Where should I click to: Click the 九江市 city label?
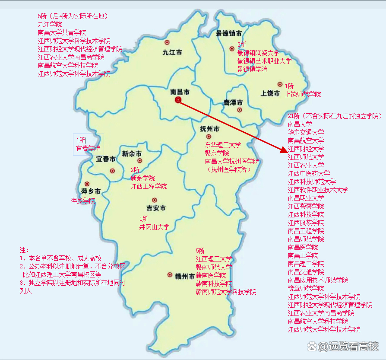tap(172, 52)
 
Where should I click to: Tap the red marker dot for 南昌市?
tap(178, 100)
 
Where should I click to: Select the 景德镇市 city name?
tap(229, 33)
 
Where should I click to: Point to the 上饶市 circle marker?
tap(280, 85)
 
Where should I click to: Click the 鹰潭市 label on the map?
tap(233, 102)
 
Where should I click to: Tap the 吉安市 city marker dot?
tap(154, 200)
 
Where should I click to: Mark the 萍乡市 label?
tap(91, 191)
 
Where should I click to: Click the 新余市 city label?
tap(132, 153)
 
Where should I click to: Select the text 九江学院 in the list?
tap(50, 24)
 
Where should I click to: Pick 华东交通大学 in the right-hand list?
tap(306, 132)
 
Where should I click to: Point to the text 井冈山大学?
tap(154, 227)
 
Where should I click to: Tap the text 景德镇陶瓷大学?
tap(258, 53)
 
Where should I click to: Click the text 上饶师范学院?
tap(303, 94)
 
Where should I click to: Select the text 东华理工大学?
tap(223, 145)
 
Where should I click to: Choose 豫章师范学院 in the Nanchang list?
tap(306, 288)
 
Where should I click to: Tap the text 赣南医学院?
tap(211, 275)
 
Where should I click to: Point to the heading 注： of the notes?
tap(25, 250)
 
